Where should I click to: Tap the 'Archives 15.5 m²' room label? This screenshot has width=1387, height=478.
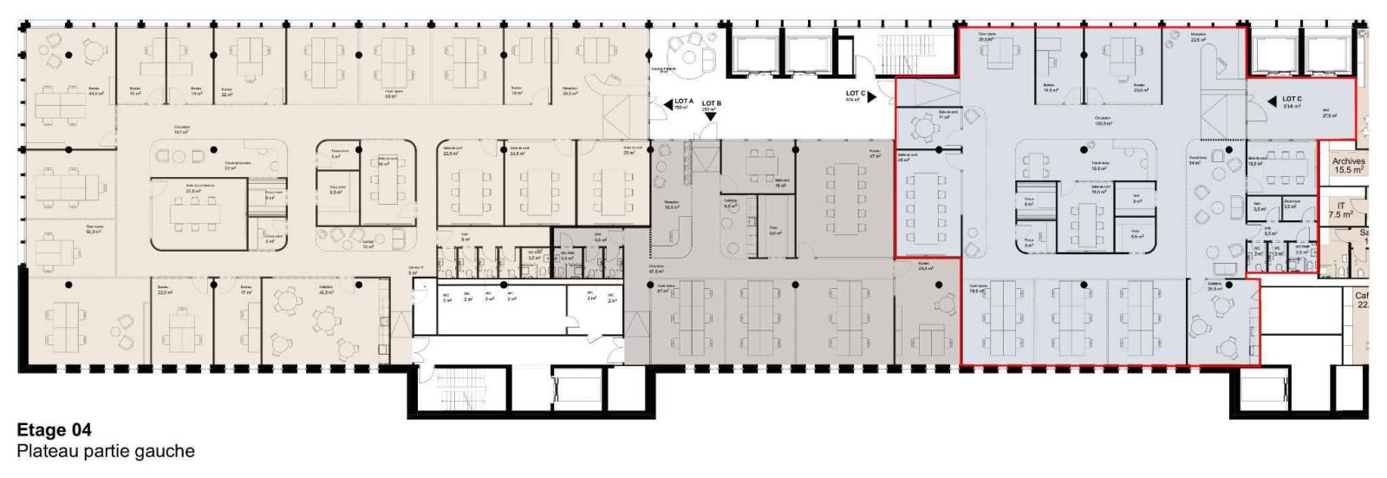point(1348,166)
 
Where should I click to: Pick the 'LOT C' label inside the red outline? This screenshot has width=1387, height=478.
point(1293,101)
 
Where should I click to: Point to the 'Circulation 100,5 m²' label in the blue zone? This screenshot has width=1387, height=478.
point(1103,121)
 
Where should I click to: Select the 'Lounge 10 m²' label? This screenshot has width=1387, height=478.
point(368,245)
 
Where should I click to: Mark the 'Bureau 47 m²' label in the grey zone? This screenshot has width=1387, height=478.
point(875,154)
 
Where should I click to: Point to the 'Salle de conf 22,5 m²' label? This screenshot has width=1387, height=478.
point(449,151)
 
